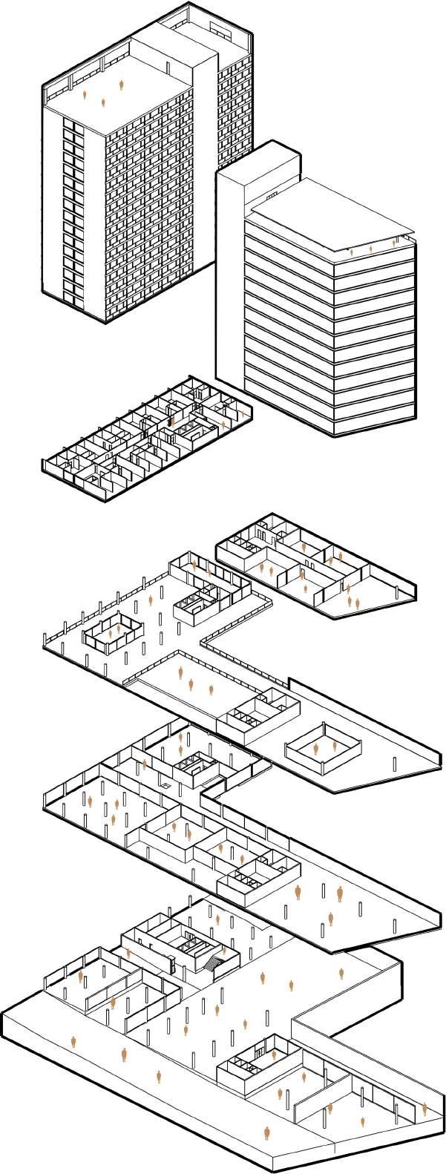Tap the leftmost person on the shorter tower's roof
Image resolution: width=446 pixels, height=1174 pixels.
coord(351,252)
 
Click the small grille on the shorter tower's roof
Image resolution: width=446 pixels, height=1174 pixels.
coord(269,196)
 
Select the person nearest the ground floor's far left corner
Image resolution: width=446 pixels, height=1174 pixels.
coord(73,1043)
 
